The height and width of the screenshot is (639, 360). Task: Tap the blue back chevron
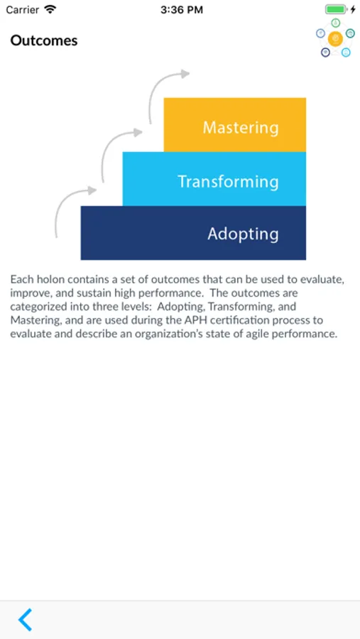point(25,619)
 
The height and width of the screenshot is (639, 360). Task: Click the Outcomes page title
point(44,40)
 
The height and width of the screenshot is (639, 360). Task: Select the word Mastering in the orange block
point(241,128)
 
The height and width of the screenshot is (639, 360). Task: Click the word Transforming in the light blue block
point(229,181)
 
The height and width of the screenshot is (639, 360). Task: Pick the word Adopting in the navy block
point(243,234)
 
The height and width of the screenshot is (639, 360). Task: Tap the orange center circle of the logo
point(335,39)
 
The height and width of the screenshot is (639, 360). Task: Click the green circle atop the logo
point(336,23)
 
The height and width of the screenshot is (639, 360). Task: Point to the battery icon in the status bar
point(336,9)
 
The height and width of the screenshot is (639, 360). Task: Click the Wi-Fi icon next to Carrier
point(50,9)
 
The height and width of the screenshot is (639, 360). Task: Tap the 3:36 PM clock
point(182,10)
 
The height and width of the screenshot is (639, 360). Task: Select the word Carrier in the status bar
point(23,10)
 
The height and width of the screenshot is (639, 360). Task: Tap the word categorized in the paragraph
point(37,307)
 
